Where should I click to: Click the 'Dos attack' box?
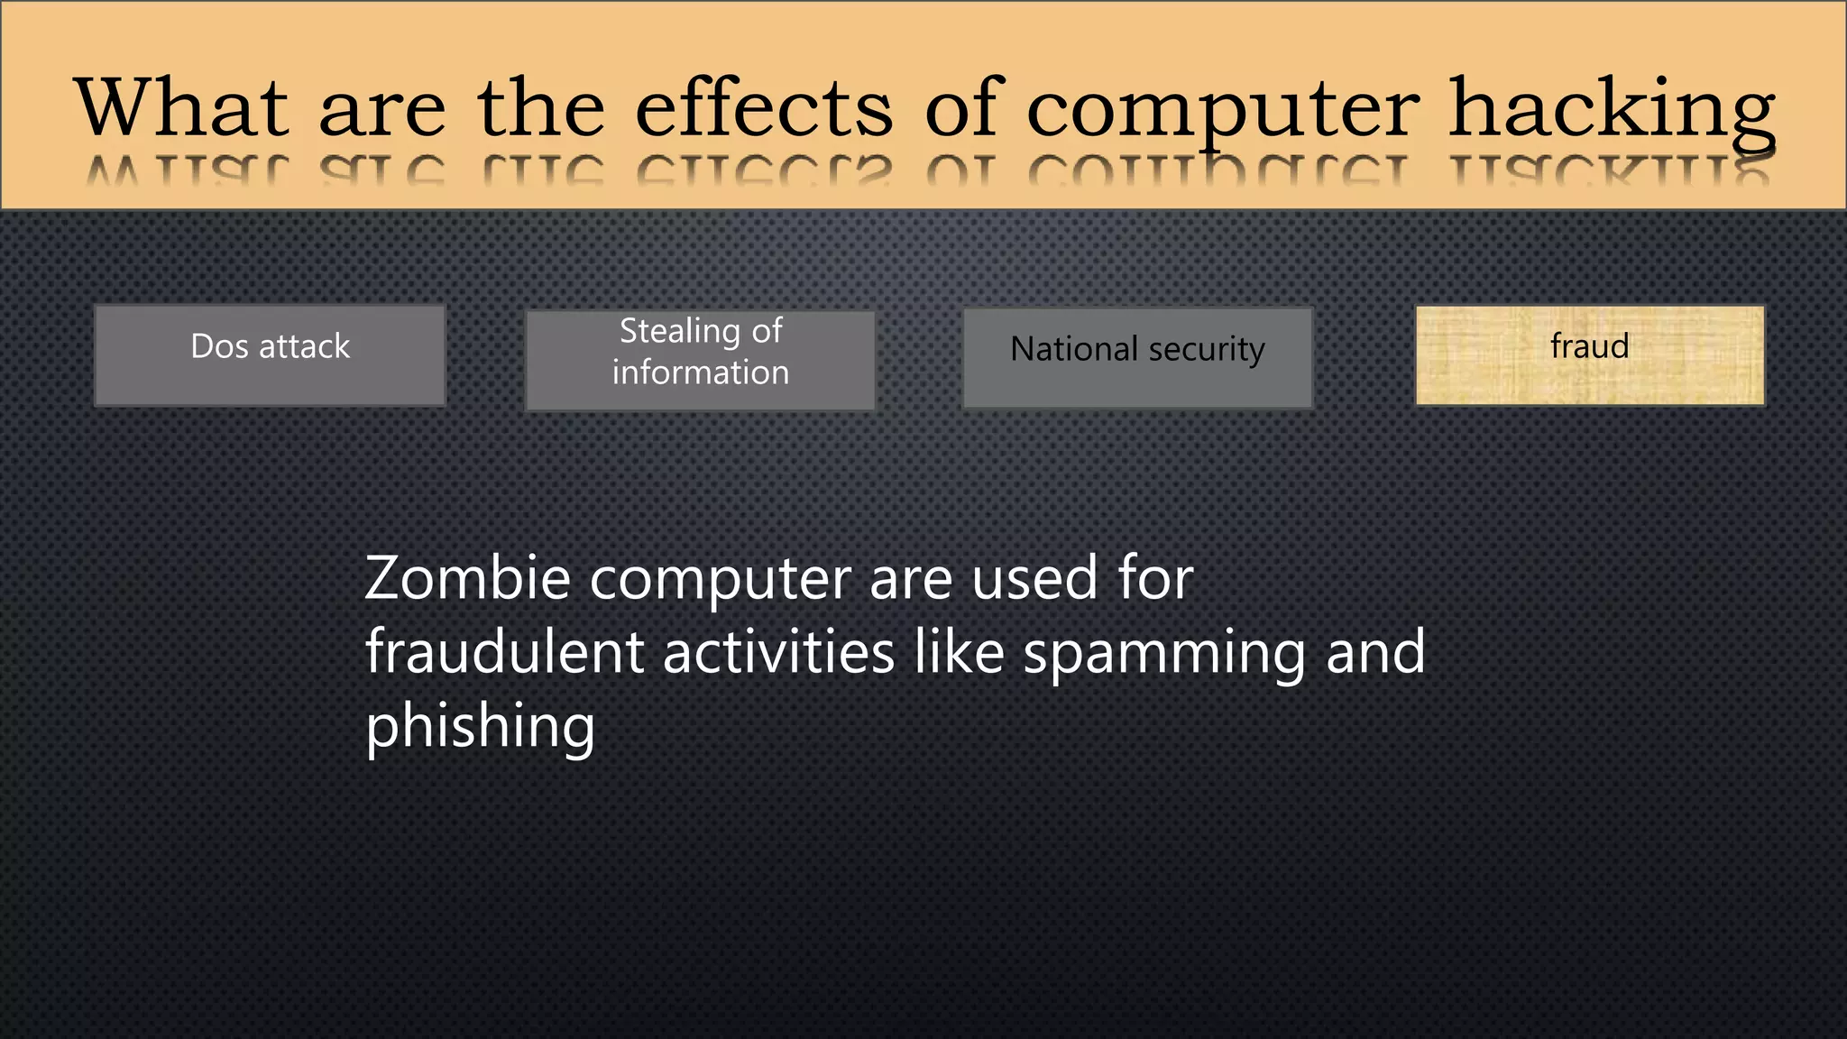click(x=270, y=355)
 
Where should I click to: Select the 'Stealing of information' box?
click(x=700, y=360)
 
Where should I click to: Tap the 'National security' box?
click(x=1137, y=357)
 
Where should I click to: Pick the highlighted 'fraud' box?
click(x=1589, y=355)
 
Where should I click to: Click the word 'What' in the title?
click(x=181, y=108)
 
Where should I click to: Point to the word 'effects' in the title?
click(x=764, y=108)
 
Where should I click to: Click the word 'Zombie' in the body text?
click(x=467, y=578)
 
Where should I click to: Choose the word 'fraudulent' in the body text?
click(x=504, y=652)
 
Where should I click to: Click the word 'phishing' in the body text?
click(x=480, y=727)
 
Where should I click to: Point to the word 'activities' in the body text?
click(x=778, y=652)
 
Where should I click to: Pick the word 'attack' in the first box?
click(x=304, y=346)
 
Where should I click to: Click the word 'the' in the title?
click(x=541, y=108)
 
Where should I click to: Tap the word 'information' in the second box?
click(x=701, y=372)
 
